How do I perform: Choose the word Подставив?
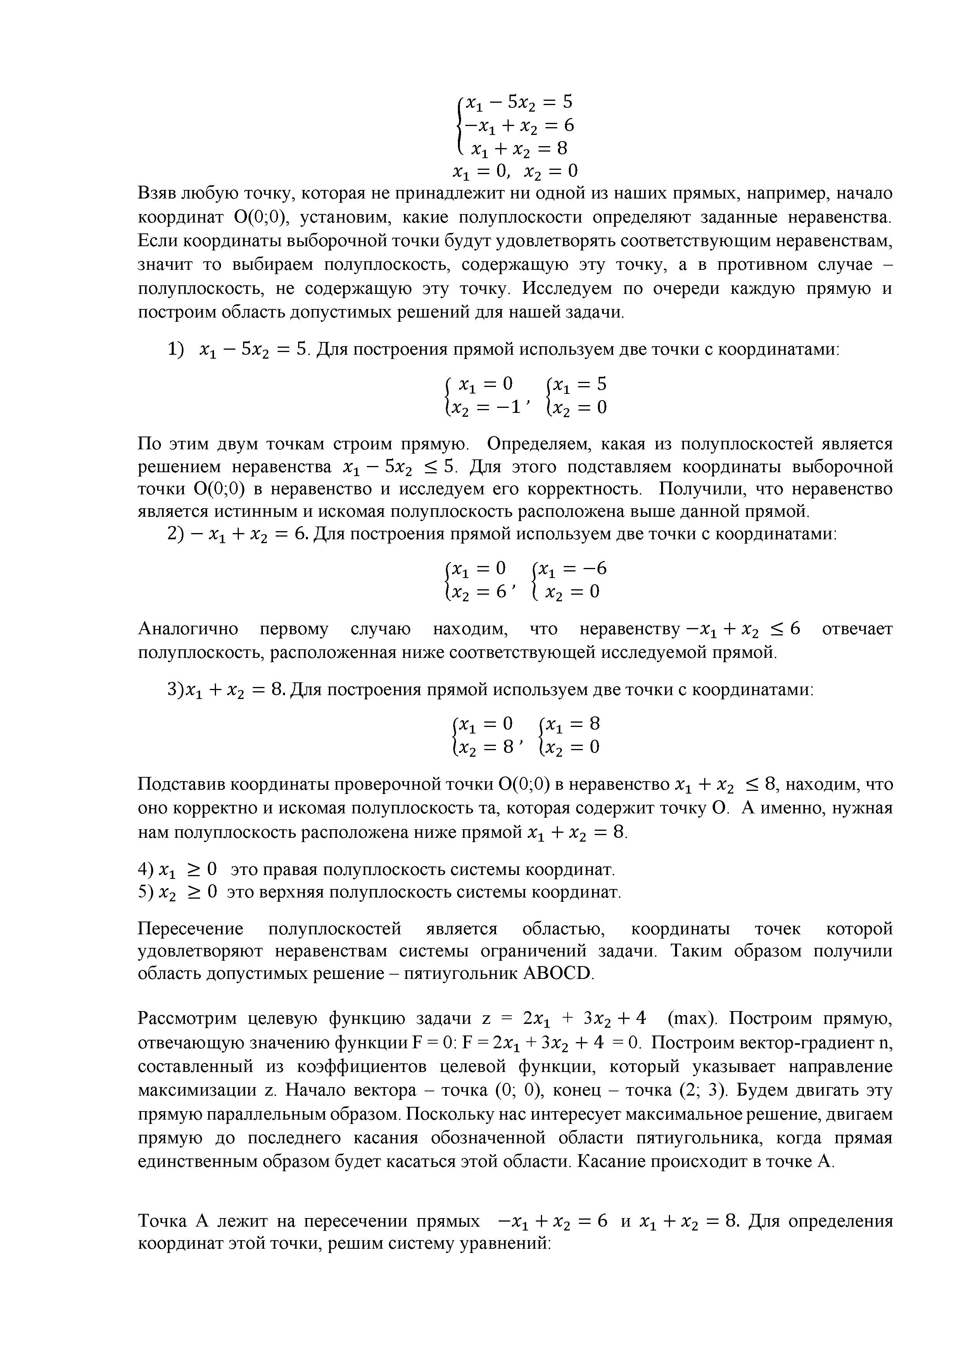coord(181,785)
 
